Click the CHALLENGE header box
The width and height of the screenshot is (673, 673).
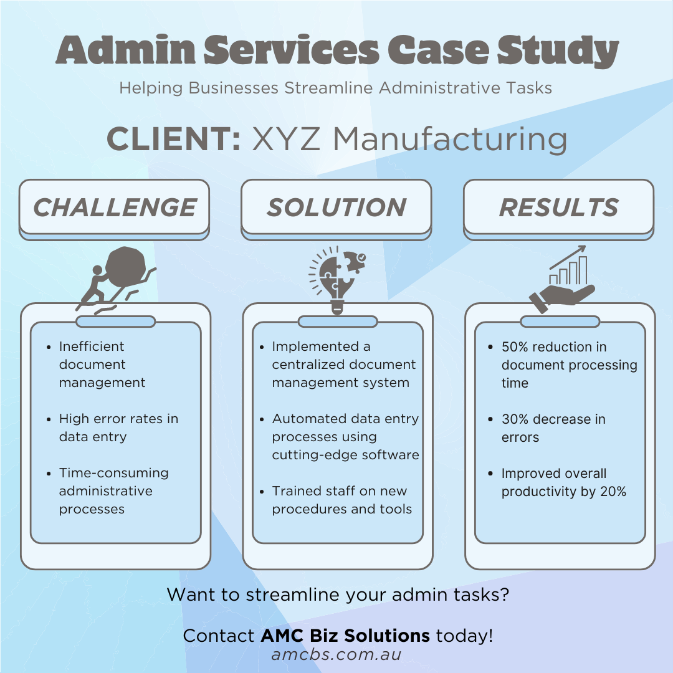pyautogui.click(x=114, y=207)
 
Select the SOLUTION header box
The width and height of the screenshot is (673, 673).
pyautogui.click(x=336, y=207)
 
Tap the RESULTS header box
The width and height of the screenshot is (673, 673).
pyautogui.click(x=559, y=207)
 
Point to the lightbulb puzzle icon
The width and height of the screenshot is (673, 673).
pyautogui.click(x=337, y=277)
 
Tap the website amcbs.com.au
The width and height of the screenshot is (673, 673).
pyautogui.click(x=336, y=655)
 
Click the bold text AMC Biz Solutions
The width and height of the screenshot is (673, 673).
pyautogui.click(x=345, y=636)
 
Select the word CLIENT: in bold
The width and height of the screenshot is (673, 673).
pyautogui.click(x=174, y=138)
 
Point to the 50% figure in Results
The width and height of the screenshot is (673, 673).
pyautogui.click(x=515, y=346)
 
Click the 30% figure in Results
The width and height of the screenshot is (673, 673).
pyautogui.click(x=515, y=419)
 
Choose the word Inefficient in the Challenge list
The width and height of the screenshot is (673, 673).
pyautogui.click(x=92, y=346)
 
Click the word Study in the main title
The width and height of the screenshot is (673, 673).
pyautogui.click(x=556, y=51)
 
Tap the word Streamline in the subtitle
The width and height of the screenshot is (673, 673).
pyautogui.click(x=328, y=88)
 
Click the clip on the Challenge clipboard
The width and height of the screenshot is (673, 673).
pyautogui.click(x=115, y=322)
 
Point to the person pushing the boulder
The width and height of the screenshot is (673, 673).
pyautogui.click(x=94, y=286)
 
